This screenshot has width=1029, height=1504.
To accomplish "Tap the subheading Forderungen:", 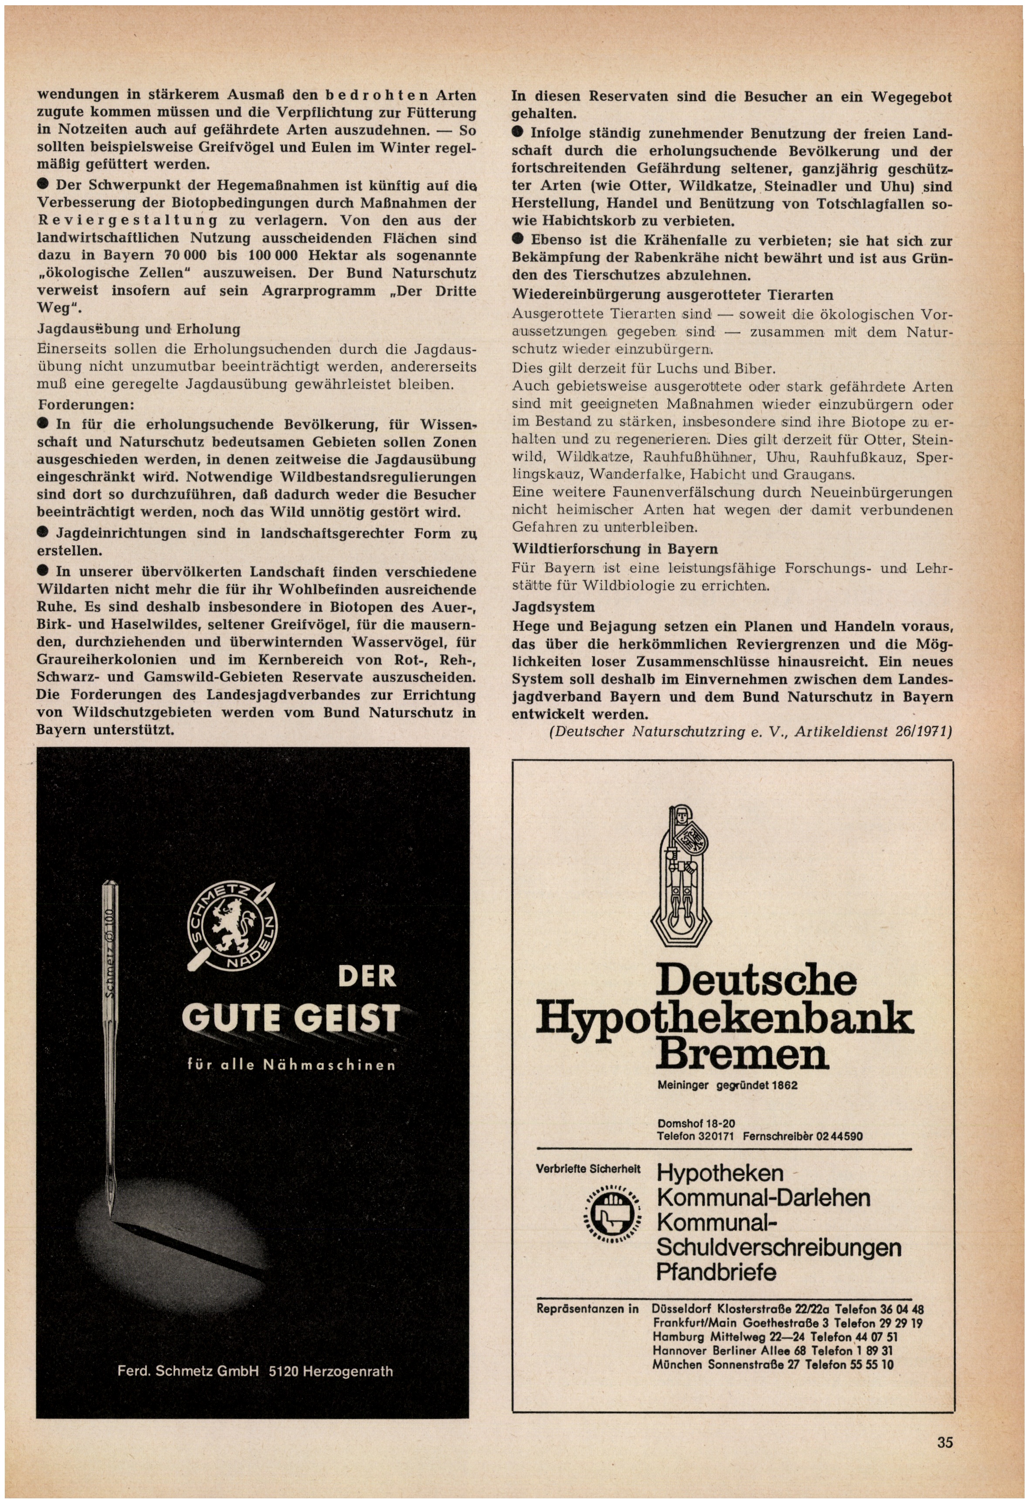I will click(86, 405).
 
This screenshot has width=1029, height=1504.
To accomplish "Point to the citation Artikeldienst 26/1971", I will click(873, 732).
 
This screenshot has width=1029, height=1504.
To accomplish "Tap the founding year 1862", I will click(782, 1085).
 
